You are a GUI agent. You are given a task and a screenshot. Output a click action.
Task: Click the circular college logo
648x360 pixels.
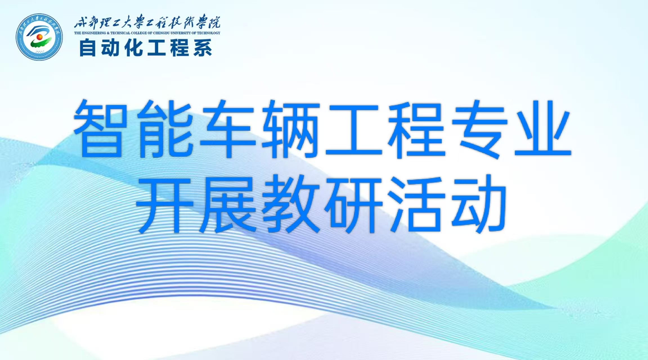(39, 37)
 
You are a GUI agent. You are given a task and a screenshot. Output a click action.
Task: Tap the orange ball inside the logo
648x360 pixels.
(40, 37)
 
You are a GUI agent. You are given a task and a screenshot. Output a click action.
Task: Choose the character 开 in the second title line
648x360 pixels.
(165, 205)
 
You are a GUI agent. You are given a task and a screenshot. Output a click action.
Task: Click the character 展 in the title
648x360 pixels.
(228, 204)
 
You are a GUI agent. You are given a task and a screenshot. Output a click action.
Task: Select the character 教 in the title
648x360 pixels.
(291, 204)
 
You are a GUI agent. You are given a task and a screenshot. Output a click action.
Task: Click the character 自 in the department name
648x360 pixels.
(88, 48)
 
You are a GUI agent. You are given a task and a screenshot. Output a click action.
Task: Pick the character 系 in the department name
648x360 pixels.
(203, 48)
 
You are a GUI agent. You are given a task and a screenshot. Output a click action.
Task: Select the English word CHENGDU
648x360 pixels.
(162, 33)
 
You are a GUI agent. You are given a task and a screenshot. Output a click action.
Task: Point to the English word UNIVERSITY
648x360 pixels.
(181, 33)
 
